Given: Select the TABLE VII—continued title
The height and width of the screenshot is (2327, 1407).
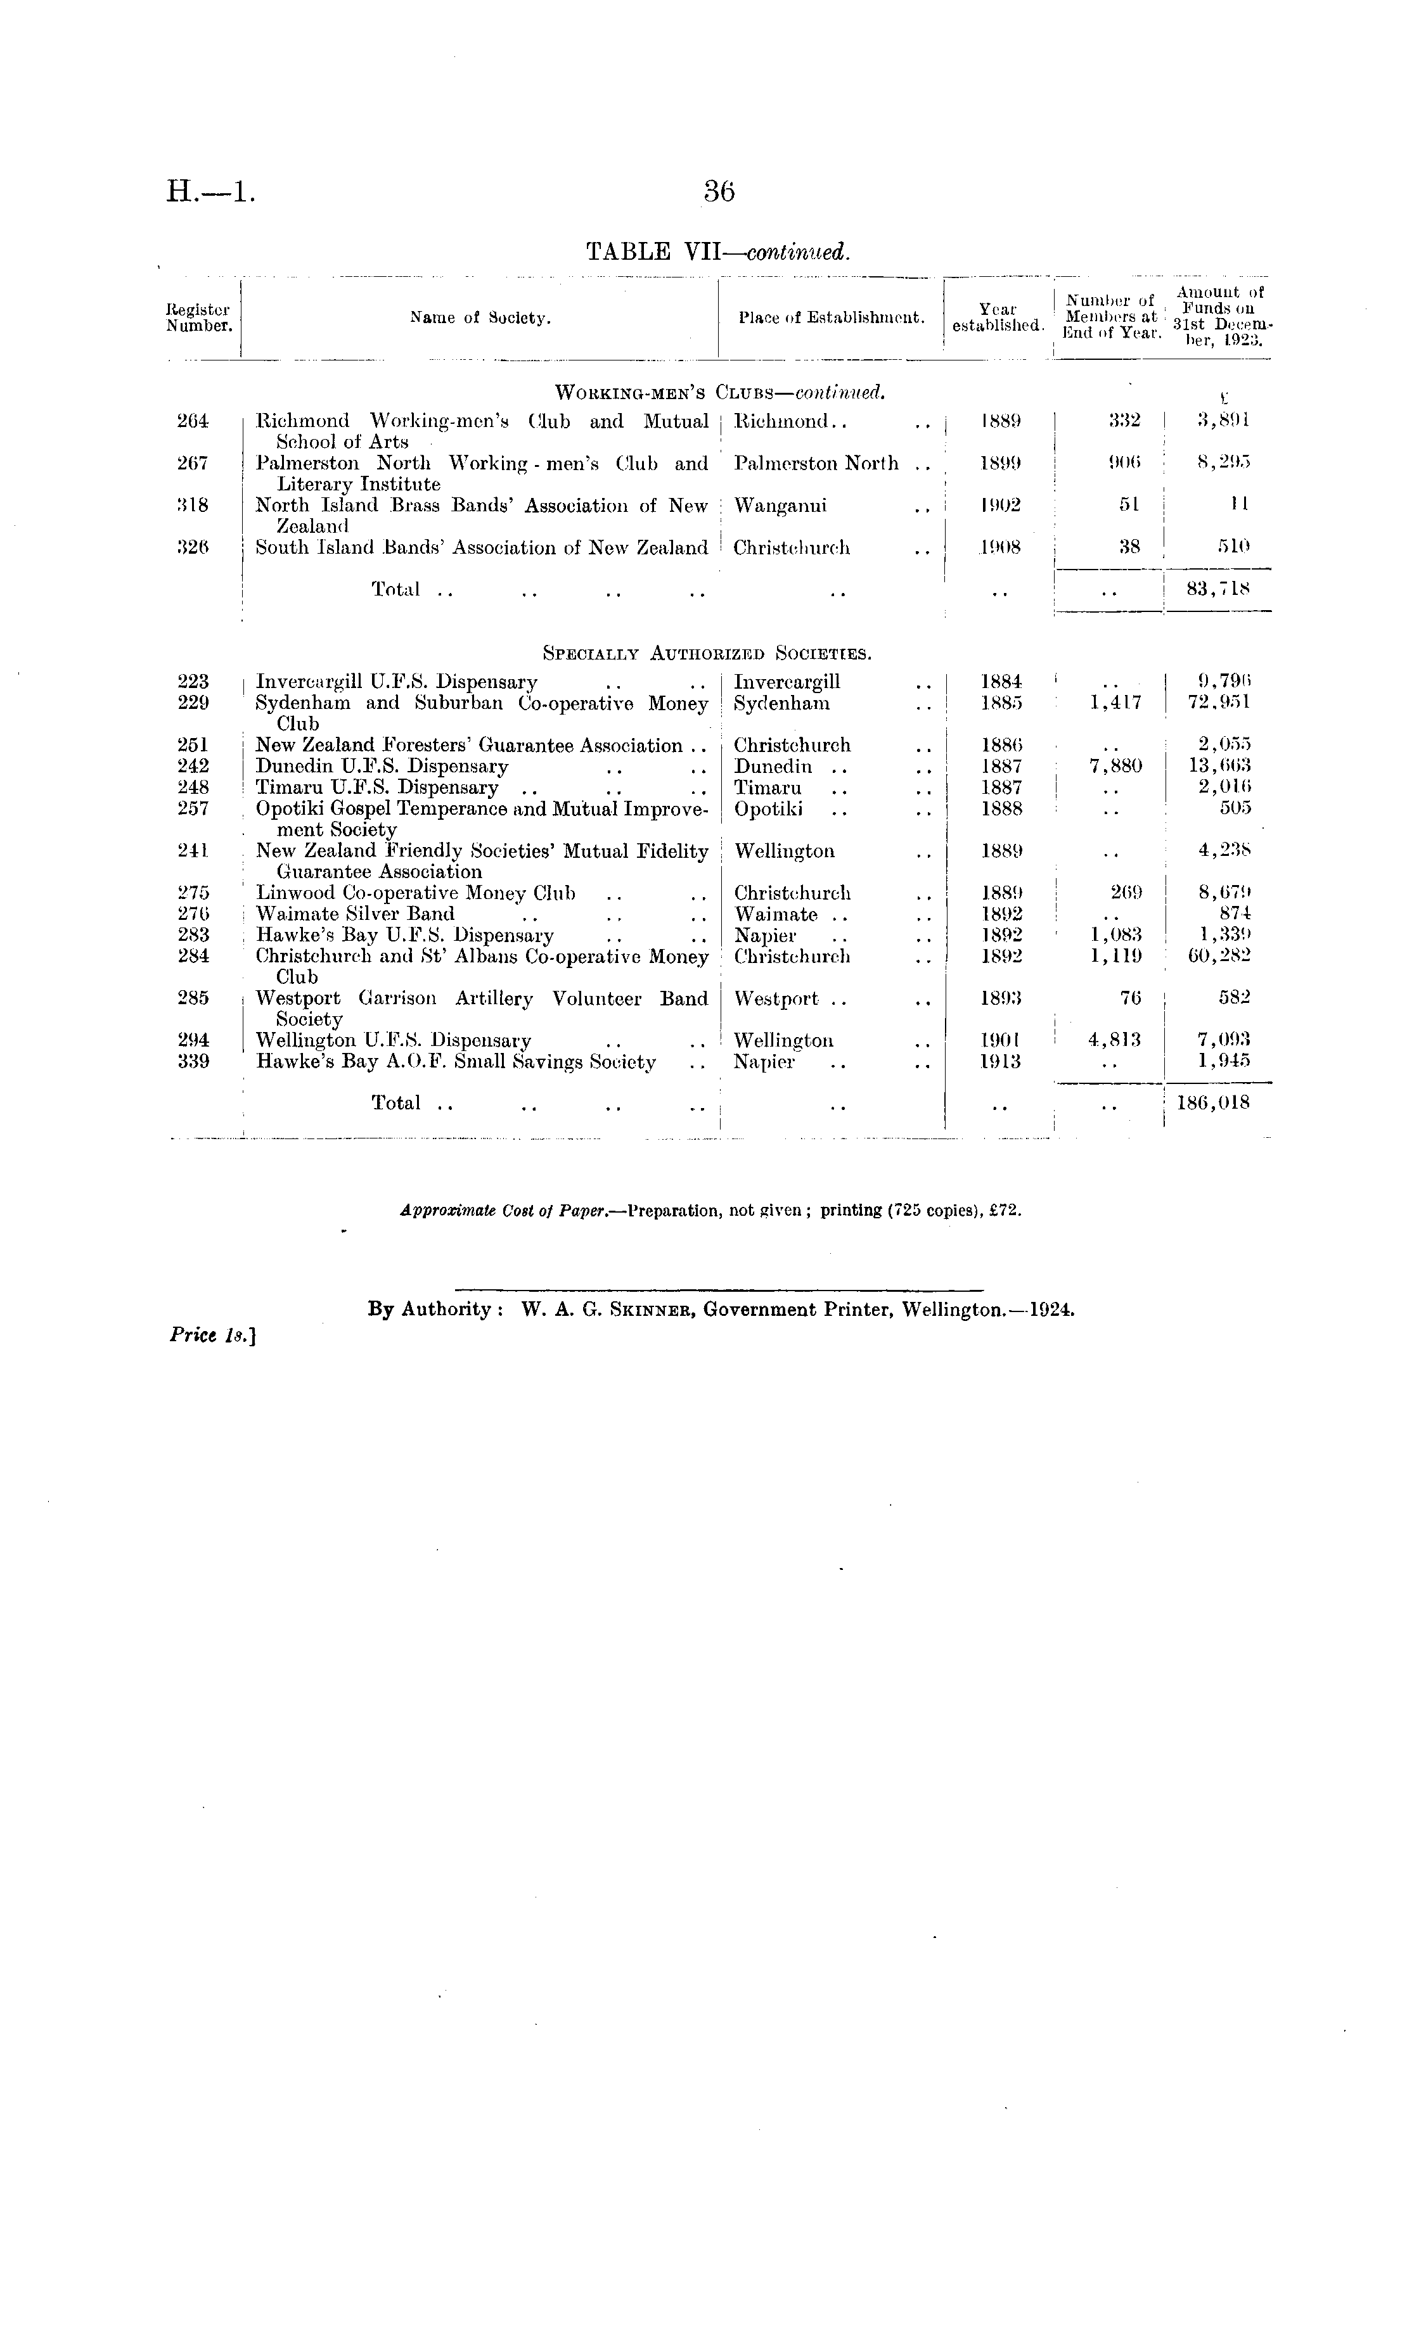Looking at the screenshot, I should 718,252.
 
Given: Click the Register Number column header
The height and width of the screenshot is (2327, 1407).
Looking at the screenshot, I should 200,318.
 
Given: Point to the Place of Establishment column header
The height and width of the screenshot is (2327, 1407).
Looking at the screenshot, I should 832,318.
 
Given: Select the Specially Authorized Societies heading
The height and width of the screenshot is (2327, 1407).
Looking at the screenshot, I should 707,653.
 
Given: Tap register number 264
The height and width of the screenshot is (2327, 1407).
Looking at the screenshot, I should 193,421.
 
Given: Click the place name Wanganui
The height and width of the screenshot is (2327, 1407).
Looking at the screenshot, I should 781,506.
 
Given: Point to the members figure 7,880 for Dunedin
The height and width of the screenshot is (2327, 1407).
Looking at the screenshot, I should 1115,767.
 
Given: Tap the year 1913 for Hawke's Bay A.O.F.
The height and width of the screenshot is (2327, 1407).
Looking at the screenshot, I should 1001,1062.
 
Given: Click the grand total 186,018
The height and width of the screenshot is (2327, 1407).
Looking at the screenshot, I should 1213,1103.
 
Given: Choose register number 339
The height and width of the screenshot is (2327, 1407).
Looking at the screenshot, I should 193,1062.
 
